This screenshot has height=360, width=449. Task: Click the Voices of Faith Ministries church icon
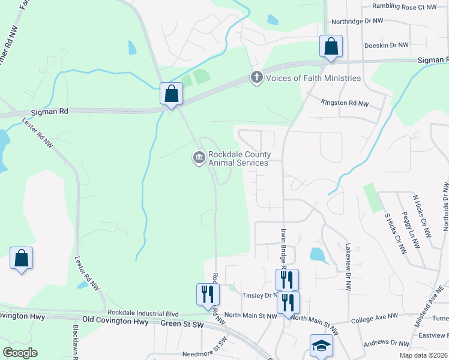257,77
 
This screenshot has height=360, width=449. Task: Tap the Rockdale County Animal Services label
238,158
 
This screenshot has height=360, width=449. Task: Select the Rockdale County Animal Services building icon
199,158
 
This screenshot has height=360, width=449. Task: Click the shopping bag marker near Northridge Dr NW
330,46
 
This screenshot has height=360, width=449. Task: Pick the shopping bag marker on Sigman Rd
171,94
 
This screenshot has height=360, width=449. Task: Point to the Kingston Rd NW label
345,103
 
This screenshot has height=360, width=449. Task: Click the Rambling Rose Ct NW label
404,6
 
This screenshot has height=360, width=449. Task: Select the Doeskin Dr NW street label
387,45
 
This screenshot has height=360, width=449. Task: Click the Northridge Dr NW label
358,20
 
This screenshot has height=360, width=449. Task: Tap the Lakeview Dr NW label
348,267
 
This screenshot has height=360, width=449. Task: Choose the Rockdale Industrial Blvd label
143,313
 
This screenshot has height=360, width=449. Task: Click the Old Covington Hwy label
115,321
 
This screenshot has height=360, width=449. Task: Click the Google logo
20,353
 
